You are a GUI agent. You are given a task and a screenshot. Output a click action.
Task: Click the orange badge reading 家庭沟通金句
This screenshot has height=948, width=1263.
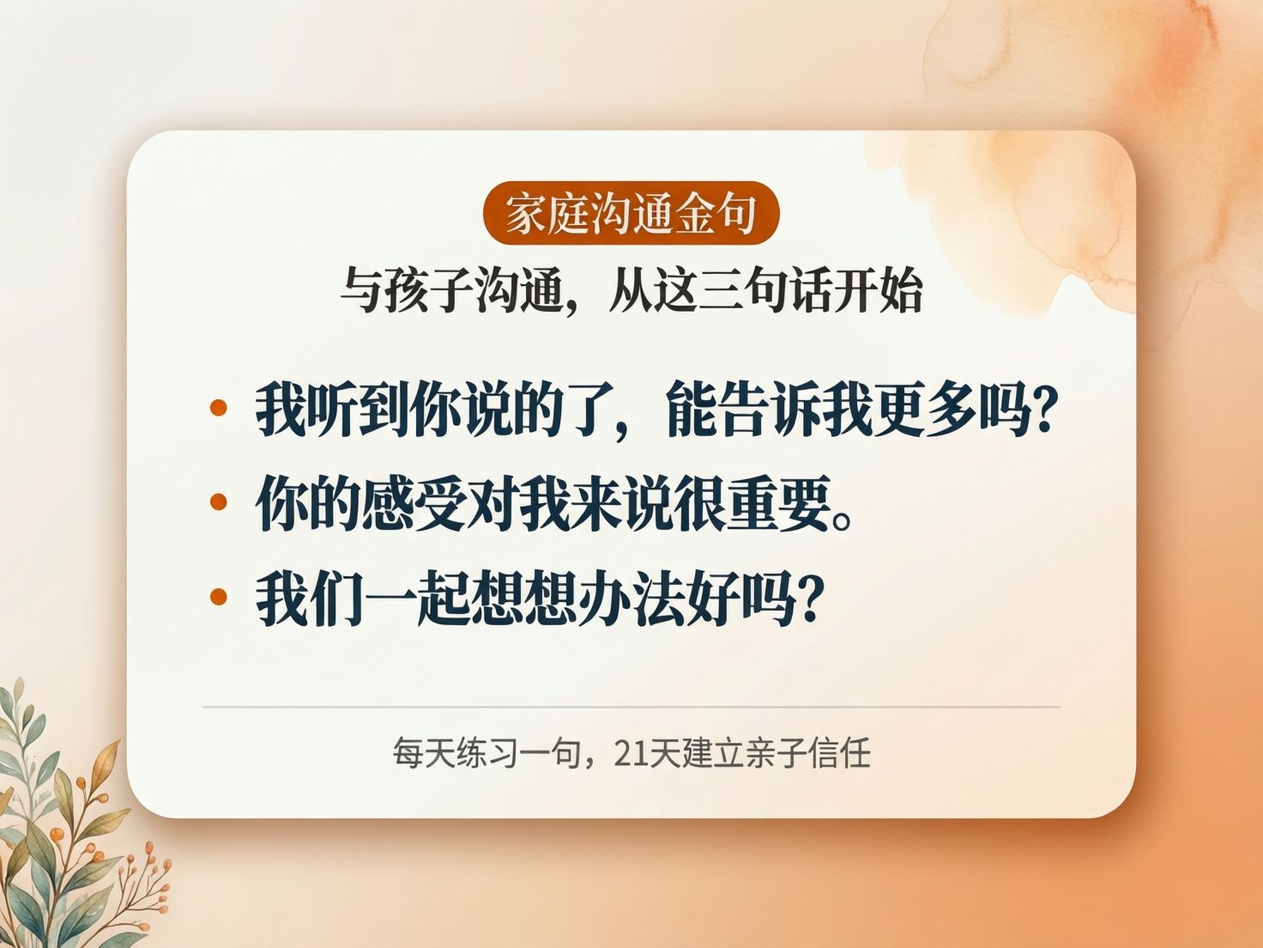[x=631, y=214]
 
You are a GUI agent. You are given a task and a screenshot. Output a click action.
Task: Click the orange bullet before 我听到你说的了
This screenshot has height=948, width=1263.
[x=219, y=408]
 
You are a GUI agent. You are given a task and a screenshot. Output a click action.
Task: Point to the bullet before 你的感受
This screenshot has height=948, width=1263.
[x=219, y=502]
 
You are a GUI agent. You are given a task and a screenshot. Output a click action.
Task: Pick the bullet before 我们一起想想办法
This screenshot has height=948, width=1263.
[x=219, y=597]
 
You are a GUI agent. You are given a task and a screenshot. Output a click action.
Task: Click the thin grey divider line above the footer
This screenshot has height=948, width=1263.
[x=631, y=707]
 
